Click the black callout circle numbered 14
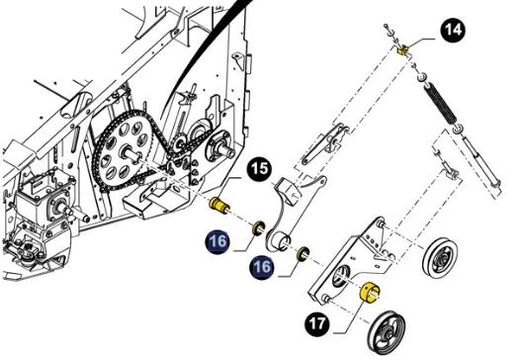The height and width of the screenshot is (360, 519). (453, 30)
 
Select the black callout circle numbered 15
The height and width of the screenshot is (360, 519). (259, 168)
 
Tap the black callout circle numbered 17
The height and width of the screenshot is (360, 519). (317, 323)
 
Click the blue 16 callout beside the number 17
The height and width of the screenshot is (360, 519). (262, 267)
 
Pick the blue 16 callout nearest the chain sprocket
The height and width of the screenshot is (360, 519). (217, 240)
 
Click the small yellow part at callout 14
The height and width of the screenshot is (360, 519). (402, 50)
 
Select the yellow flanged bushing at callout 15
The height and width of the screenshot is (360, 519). (219, 206)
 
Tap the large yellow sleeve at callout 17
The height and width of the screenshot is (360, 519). (370, 292)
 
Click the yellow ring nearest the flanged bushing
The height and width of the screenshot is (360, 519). (258, 227)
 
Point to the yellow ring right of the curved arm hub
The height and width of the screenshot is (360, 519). (303, 254)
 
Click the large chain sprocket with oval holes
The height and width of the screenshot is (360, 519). (124, 150)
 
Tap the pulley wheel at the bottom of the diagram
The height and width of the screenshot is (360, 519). (387, 333)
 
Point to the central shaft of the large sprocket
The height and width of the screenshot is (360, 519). (133, 154)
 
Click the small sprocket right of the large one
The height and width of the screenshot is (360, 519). (179, 143)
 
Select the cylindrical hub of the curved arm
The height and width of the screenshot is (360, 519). (280, 240)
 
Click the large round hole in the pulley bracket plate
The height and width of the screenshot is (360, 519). (340, 275)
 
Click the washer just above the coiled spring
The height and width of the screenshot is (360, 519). (422, 78)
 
